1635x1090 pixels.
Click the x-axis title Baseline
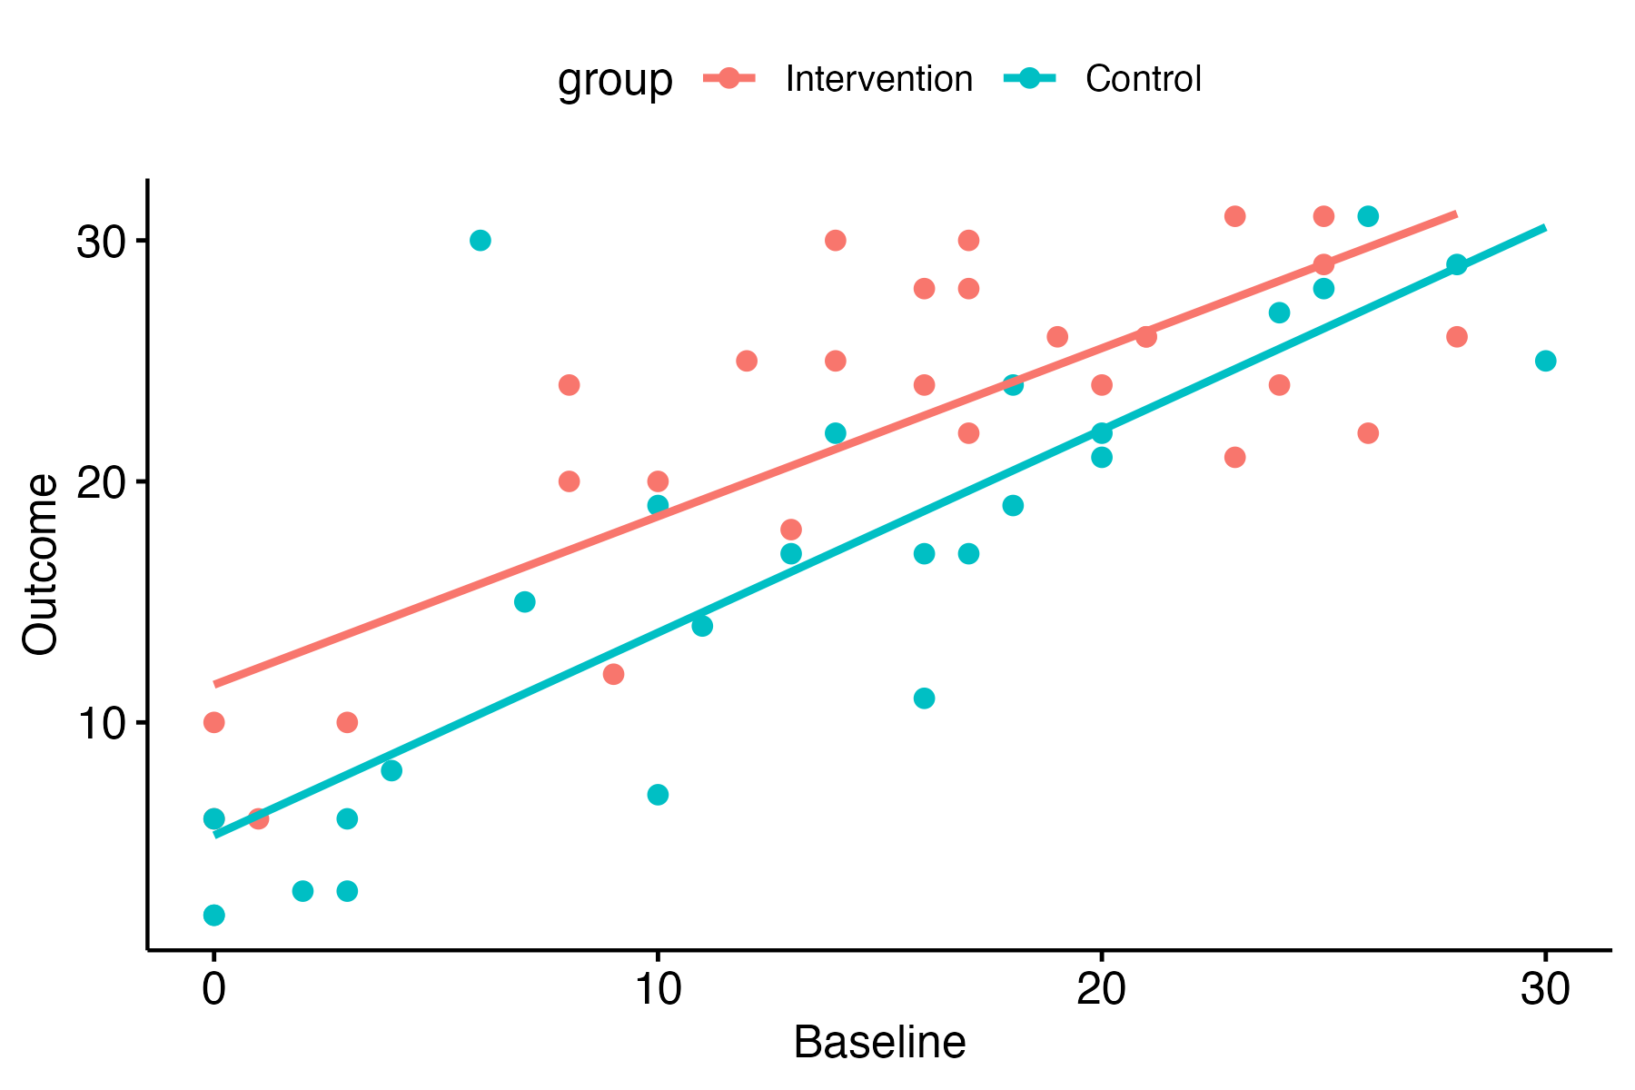(x=878, y=1043)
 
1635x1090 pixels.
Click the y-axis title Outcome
(x=41, y=564)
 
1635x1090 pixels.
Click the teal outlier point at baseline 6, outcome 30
(x=481, y=241)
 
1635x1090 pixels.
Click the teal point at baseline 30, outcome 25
(x=1545, y=361)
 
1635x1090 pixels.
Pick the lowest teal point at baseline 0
(x=213, y=915)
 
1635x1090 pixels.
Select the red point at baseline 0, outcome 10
(x=213, y=723)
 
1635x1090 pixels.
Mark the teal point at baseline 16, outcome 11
(x=924, y=699)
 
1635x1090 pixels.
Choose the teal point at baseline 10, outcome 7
(x=658, y=795)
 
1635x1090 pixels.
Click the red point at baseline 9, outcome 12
(x=613, y=674)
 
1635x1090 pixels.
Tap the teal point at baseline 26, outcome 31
(x=1368, y=216)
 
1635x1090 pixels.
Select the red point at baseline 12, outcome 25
(x=747, y=361)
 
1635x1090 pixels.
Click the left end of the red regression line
(x=215, y=684)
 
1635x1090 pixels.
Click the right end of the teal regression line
(x=1544, y=228)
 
